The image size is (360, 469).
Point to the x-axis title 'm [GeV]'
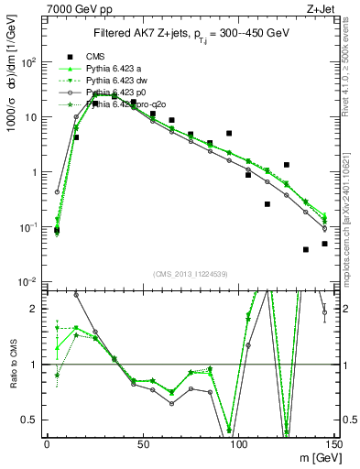pyautogui.click(x=314, y=457)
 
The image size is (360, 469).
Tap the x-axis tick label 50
pyautogui.click(x=142, y=445)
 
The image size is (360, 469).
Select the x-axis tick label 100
pyautogui.click(x=238, y=445)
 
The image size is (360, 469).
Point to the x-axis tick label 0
pyautogui.click(x=47, y=445)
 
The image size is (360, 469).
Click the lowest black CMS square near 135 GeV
pyautogui.click(x=305, y=249)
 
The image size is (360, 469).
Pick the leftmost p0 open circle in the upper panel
pyautogui.click(x=57, y=192)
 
